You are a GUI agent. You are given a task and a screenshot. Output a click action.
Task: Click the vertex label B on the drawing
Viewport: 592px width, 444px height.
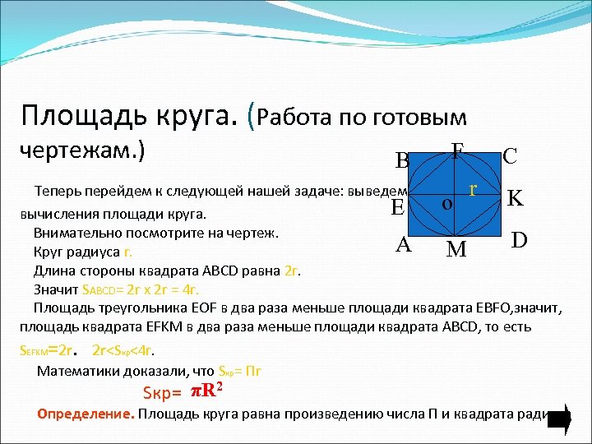tap(402, 160)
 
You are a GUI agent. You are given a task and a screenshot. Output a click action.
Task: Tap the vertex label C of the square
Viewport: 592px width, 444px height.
tap(510, 156)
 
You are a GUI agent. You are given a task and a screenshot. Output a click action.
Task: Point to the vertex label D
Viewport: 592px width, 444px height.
tap(519, 240)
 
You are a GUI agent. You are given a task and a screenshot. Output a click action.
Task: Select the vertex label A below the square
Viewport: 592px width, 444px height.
tap(403, 243)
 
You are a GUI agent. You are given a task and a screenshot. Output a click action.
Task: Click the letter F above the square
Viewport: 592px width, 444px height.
tap(457, 150)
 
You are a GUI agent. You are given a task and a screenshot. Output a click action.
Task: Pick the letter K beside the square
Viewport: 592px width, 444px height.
tap(516, 198)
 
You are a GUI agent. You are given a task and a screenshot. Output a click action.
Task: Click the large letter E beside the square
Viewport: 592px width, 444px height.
tap(397, 208)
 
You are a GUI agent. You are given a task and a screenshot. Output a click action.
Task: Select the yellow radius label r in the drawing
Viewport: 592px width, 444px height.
tap(474, 188)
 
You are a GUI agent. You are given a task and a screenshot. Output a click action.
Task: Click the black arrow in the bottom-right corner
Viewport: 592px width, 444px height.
tap(560, 419)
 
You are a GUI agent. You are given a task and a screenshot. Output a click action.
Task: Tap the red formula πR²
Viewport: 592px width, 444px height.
tap(204, 388)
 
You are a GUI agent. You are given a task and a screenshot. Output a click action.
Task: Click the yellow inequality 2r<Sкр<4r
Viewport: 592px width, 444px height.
tap(145, 348)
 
